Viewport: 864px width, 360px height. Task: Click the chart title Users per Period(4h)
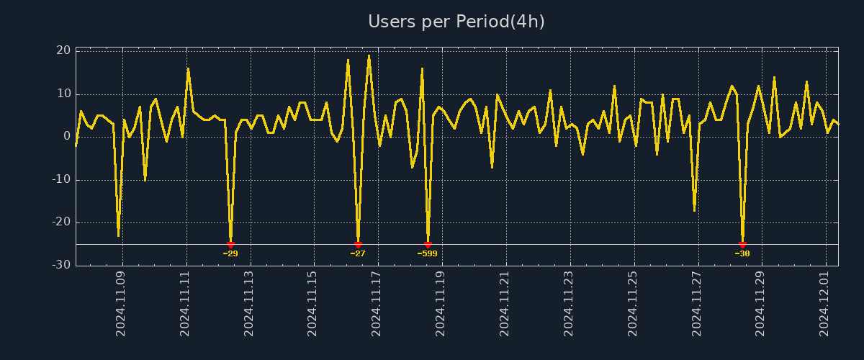click(x=456, y=22)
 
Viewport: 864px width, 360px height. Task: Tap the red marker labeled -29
click(x=230, y=245)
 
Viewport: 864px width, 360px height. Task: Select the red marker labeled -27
click(x=358, y=245)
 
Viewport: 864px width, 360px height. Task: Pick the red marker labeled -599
click(x=428, y=245)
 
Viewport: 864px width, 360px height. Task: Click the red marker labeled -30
click(x=742, y=245)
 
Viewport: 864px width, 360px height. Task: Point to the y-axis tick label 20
click(x=63, y=50)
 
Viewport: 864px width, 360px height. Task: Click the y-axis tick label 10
click(x=63, y=94)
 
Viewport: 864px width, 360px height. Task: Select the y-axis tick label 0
click(x=67, y=136)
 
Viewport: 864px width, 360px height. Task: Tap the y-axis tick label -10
click(x=61, y=179)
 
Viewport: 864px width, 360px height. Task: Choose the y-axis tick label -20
click(x=61, y=222)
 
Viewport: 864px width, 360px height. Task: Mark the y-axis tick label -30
click(x=61, y=265)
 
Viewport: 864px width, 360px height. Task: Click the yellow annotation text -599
click(x=428, y=253)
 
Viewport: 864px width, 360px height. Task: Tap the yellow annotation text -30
click(x=742, y=253)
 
